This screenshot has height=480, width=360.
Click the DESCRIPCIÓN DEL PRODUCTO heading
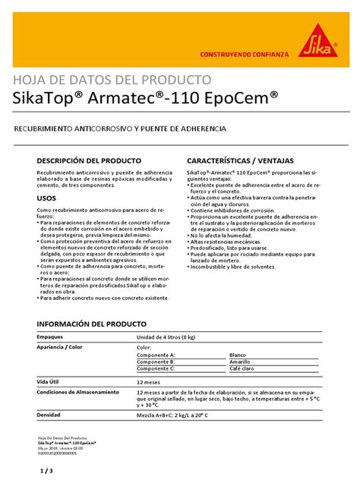click(x=89, y=162)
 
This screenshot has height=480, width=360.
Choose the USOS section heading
click(x=46, y=197)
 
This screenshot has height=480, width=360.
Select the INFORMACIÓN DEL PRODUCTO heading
click(x=90, y=324)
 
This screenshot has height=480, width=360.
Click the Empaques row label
click(x=50, y=336)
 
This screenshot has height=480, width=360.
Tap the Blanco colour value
click(x=238, y=355)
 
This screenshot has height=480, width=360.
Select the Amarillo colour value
click(x=241, y=362)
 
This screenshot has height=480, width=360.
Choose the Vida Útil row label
click(x=49, y=382)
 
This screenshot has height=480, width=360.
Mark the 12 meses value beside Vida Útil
click(x=149, y=383)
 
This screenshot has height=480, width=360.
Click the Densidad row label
click(x=49, y=415)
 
